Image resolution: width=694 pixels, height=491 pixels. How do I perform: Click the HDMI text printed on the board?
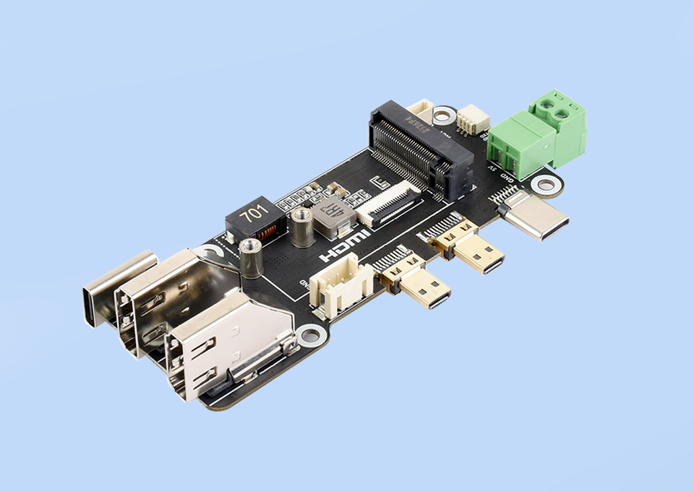(346, 246)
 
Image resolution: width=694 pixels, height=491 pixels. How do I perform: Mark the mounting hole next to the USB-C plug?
(547, 186)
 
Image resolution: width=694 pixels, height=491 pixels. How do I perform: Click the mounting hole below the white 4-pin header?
(311, 335)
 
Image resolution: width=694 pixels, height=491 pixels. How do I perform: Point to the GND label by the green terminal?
(507, 175)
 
